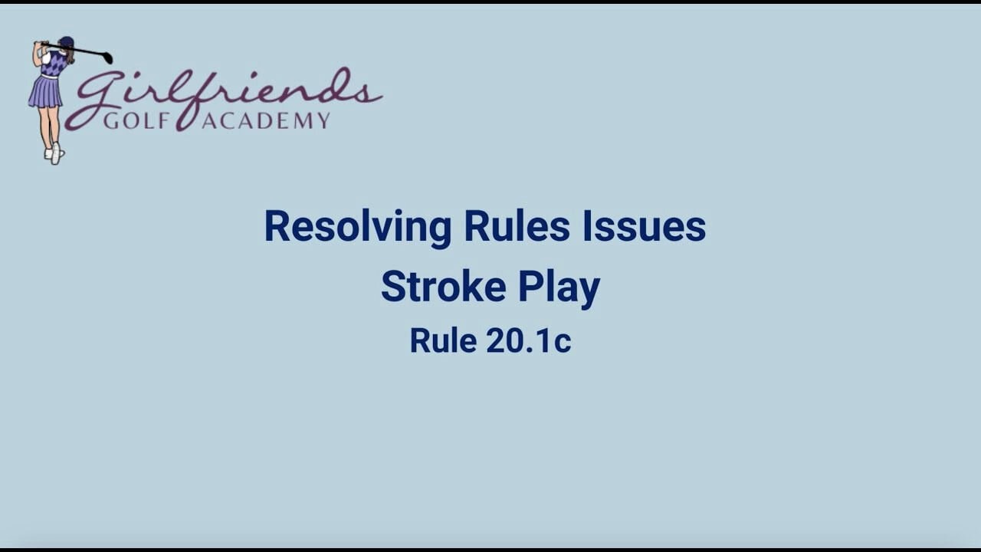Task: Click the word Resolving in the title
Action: (358, 228)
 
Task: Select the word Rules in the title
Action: (517, 226)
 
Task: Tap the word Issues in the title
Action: (645, 226)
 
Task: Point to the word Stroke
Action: (444, 286)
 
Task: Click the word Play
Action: (559, 289)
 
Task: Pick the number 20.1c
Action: (529, 341)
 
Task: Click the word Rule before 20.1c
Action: (443, 341)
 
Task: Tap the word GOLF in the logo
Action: (136, 120)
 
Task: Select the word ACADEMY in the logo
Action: (266, 120)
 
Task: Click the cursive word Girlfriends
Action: (223, 97)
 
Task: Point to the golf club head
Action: (108, 58)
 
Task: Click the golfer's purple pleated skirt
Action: (45, 92)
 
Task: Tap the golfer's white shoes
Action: (54, 153)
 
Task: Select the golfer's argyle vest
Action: (54, 64)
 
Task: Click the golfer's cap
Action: (66, 41)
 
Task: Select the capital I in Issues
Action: (587, 226)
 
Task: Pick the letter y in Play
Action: (588, 292)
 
